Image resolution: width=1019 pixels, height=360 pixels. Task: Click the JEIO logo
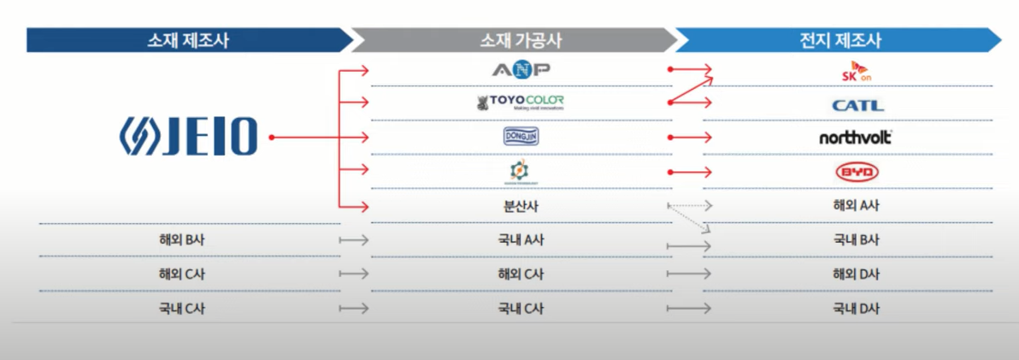point(187,138)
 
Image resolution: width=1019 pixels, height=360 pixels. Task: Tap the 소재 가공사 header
point(521,40)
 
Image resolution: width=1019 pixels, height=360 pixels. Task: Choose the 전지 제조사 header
point(846,40)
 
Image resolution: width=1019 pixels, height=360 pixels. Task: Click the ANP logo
point(521,69)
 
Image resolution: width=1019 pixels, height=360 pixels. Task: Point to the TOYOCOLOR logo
point(521,103)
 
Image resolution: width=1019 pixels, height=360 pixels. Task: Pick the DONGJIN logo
point(521,137)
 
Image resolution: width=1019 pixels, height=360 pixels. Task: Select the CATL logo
point(857,106)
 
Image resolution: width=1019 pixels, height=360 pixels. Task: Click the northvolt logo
point(856,137)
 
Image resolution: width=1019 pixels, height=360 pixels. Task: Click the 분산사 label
point(521,206)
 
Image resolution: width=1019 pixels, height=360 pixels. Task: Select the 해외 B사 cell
point(181,240)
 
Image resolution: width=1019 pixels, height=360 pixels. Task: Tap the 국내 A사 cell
point(521,240)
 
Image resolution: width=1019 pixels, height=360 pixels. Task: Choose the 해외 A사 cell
point(856,206)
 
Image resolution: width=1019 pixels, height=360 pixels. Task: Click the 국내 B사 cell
point(856,240)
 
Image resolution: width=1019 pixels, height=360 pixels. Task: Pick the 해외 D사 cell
point(856,274)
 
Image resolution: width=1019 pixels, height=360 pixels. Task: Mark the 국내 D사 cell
point(856,309)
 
